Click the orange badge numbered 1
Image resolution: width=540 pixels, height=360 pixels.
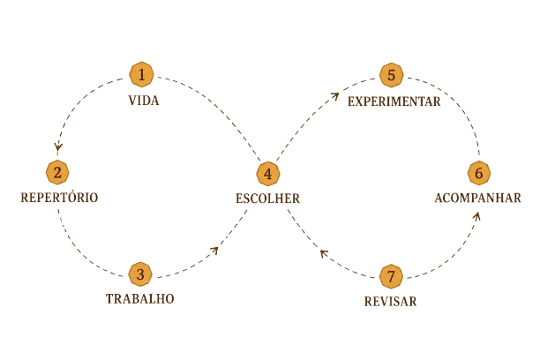coord(141,74)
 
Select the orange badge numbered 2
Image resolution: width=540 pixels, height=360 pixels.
coord(57,172)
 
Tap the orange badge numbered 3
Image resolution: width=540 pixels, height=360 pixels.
coord(140,274)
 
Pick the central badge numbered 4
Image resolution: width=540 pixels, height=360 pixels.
coord(268,174)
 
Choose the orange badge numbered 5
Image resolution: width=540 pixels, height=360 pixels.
coord(391,75)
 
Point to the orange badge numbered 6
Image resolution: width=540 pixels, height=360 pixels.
coord(479,173)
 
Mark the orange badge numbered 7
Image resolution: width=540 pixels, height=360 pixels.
coord(391,277)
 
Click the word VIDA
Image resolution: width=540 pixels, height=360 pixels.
coord(144,101)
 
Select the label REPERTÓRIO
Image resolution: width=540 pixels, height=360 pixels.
coord(59,197)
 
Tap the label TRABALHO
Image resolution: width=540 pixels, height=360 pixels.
coord(139,299)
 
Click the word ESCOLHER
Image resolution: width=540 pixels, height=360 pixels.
coord(268,199)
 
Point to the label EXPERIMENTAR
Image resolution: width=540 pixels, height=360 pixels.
coord(394,101)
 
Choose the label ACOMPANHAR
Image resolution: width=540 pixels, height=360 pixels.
coord(477,198)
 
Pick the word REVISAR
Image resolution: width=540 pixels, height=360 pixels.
coord(391,302)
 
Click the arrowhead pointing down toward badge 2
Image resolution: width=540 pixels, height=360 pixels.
coord(58,147)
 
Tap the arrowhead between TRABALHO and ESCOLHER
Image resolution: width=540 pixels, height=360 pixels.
coord(214,251)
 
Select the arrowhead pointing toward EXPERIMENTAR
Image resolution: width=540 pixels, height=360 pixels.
coord(335,96)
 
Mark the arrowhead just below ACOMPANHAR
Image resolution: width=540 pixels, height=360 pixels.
coord(476,216)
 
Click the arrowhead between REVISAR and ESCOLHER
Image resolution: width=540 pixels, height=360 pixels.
coord(324,254)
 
